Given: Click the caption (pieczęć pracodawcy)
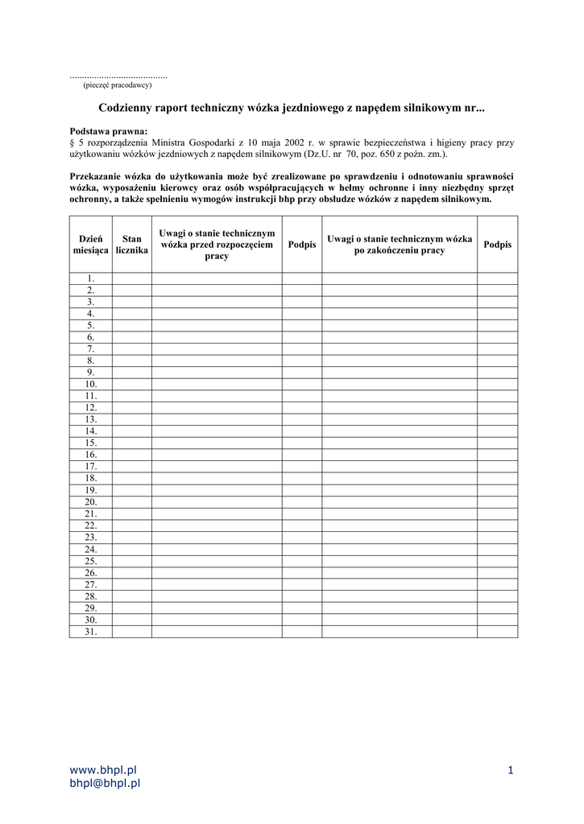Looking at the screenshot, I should [117, 84].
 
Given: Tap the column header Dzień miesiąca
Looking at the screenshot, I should [90, 245].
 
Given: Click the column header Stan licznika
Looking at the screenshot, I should [131, 245].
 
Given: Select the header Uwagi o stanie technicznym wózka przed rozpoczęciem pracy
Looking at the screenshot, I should [216, 244].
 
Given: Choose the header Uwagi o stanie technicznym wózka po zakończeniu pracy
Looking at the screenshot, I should [399, 245].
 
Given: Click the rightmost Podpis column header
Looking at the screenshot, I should [497, 245].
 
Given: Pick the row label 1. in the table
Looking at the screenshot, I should [91, 278].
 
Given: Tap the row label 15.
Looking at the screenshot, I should [91, 443].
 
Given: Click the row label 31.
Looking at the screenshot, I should [91, 632].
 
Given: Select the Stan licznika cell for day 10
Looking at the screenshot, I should [131, 384].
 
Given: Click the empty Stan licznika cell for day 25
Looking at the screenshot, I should [131, 561].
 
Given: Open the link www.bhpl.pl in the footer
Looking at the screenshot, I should [104, 770].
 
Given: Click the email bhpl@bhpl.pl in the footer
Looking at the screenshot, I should [106, 782].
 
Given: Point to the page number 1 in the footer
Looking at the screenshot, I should [511, 770].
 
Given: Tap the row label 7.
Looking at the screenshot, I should [91, 348].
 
